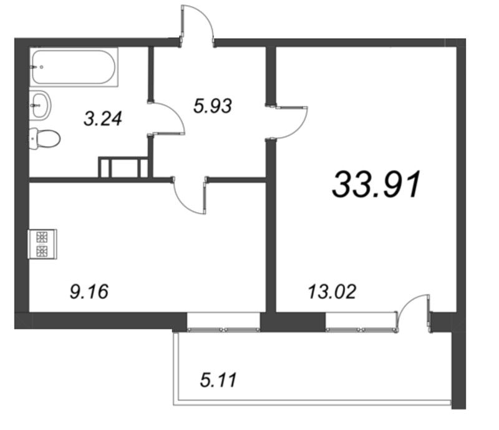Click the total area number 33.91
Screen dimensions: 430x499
pos(378,185)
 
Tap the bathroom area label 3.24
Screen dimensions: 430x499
pos(103,118)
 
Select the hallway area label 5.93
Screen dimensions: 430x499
pos(212,106)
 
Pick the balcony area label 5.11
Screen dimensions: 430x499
pos(218,379)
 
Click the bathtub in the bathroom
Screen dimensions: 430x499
pos(74,68)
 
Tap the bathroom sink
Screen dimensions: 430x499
pos(41,103)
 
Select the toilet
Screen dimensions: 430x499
pos(43,137)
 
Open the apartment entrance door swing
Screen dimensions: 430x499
pos(198,25)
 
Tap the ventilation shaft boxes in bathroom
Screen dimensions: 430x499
pos(123,167)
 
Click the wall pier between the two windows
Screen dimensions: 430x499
pos(293,322)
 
